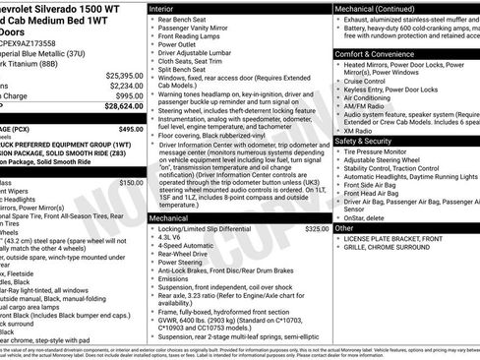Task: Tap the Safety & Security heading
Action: coord(370,141)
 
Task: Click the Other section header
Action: coord(345,228)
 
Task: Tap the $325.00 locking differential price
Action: coord(317,228)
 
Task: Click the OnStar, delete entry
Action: coord(371,216)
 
